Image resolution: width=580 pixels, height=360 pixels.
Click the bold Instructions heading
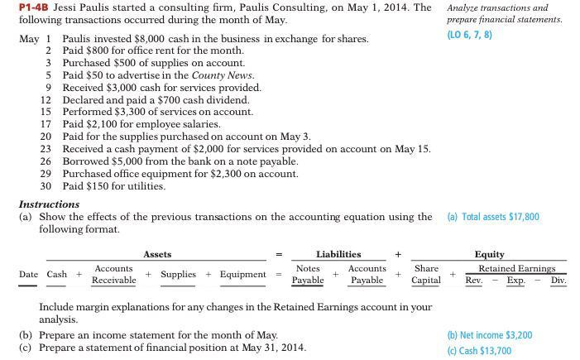click(x=49, y=204)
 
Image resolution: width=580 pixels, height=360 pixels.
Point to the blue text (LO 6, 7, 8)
click(x=469, y=35)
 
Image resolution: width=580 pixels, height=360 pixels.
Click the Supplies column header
click(x=178, y=274)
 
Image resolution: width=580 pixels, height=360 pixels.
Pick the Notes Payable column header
click(x=308, y=274)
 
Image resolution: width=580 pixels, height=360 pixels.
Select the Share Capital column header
click(x=426, y=274)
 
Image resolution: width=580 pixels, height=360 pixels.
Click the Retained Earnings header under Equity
click(x=516, y=268)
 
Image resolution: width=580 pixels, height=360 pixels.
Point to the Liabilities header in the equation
click(x=338, y=254)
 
